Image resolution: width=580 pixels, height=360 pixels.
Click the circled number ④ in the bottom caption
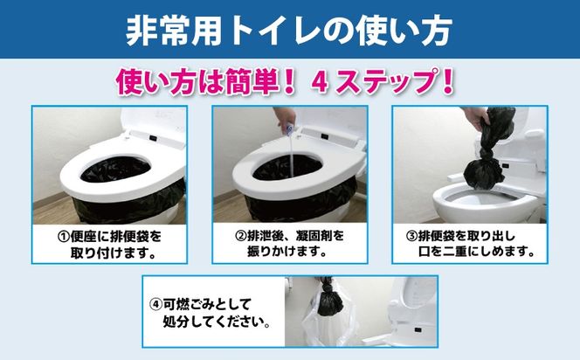pyautogui.click(x=155, y=303)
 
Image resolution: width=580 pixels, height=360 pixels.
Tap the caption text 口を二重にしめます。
pyautogui.click(x=476, y=253)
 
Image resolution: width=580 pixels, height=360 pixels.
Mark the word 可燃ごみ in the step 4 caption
pyautogui.click(x=188, y=303)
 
